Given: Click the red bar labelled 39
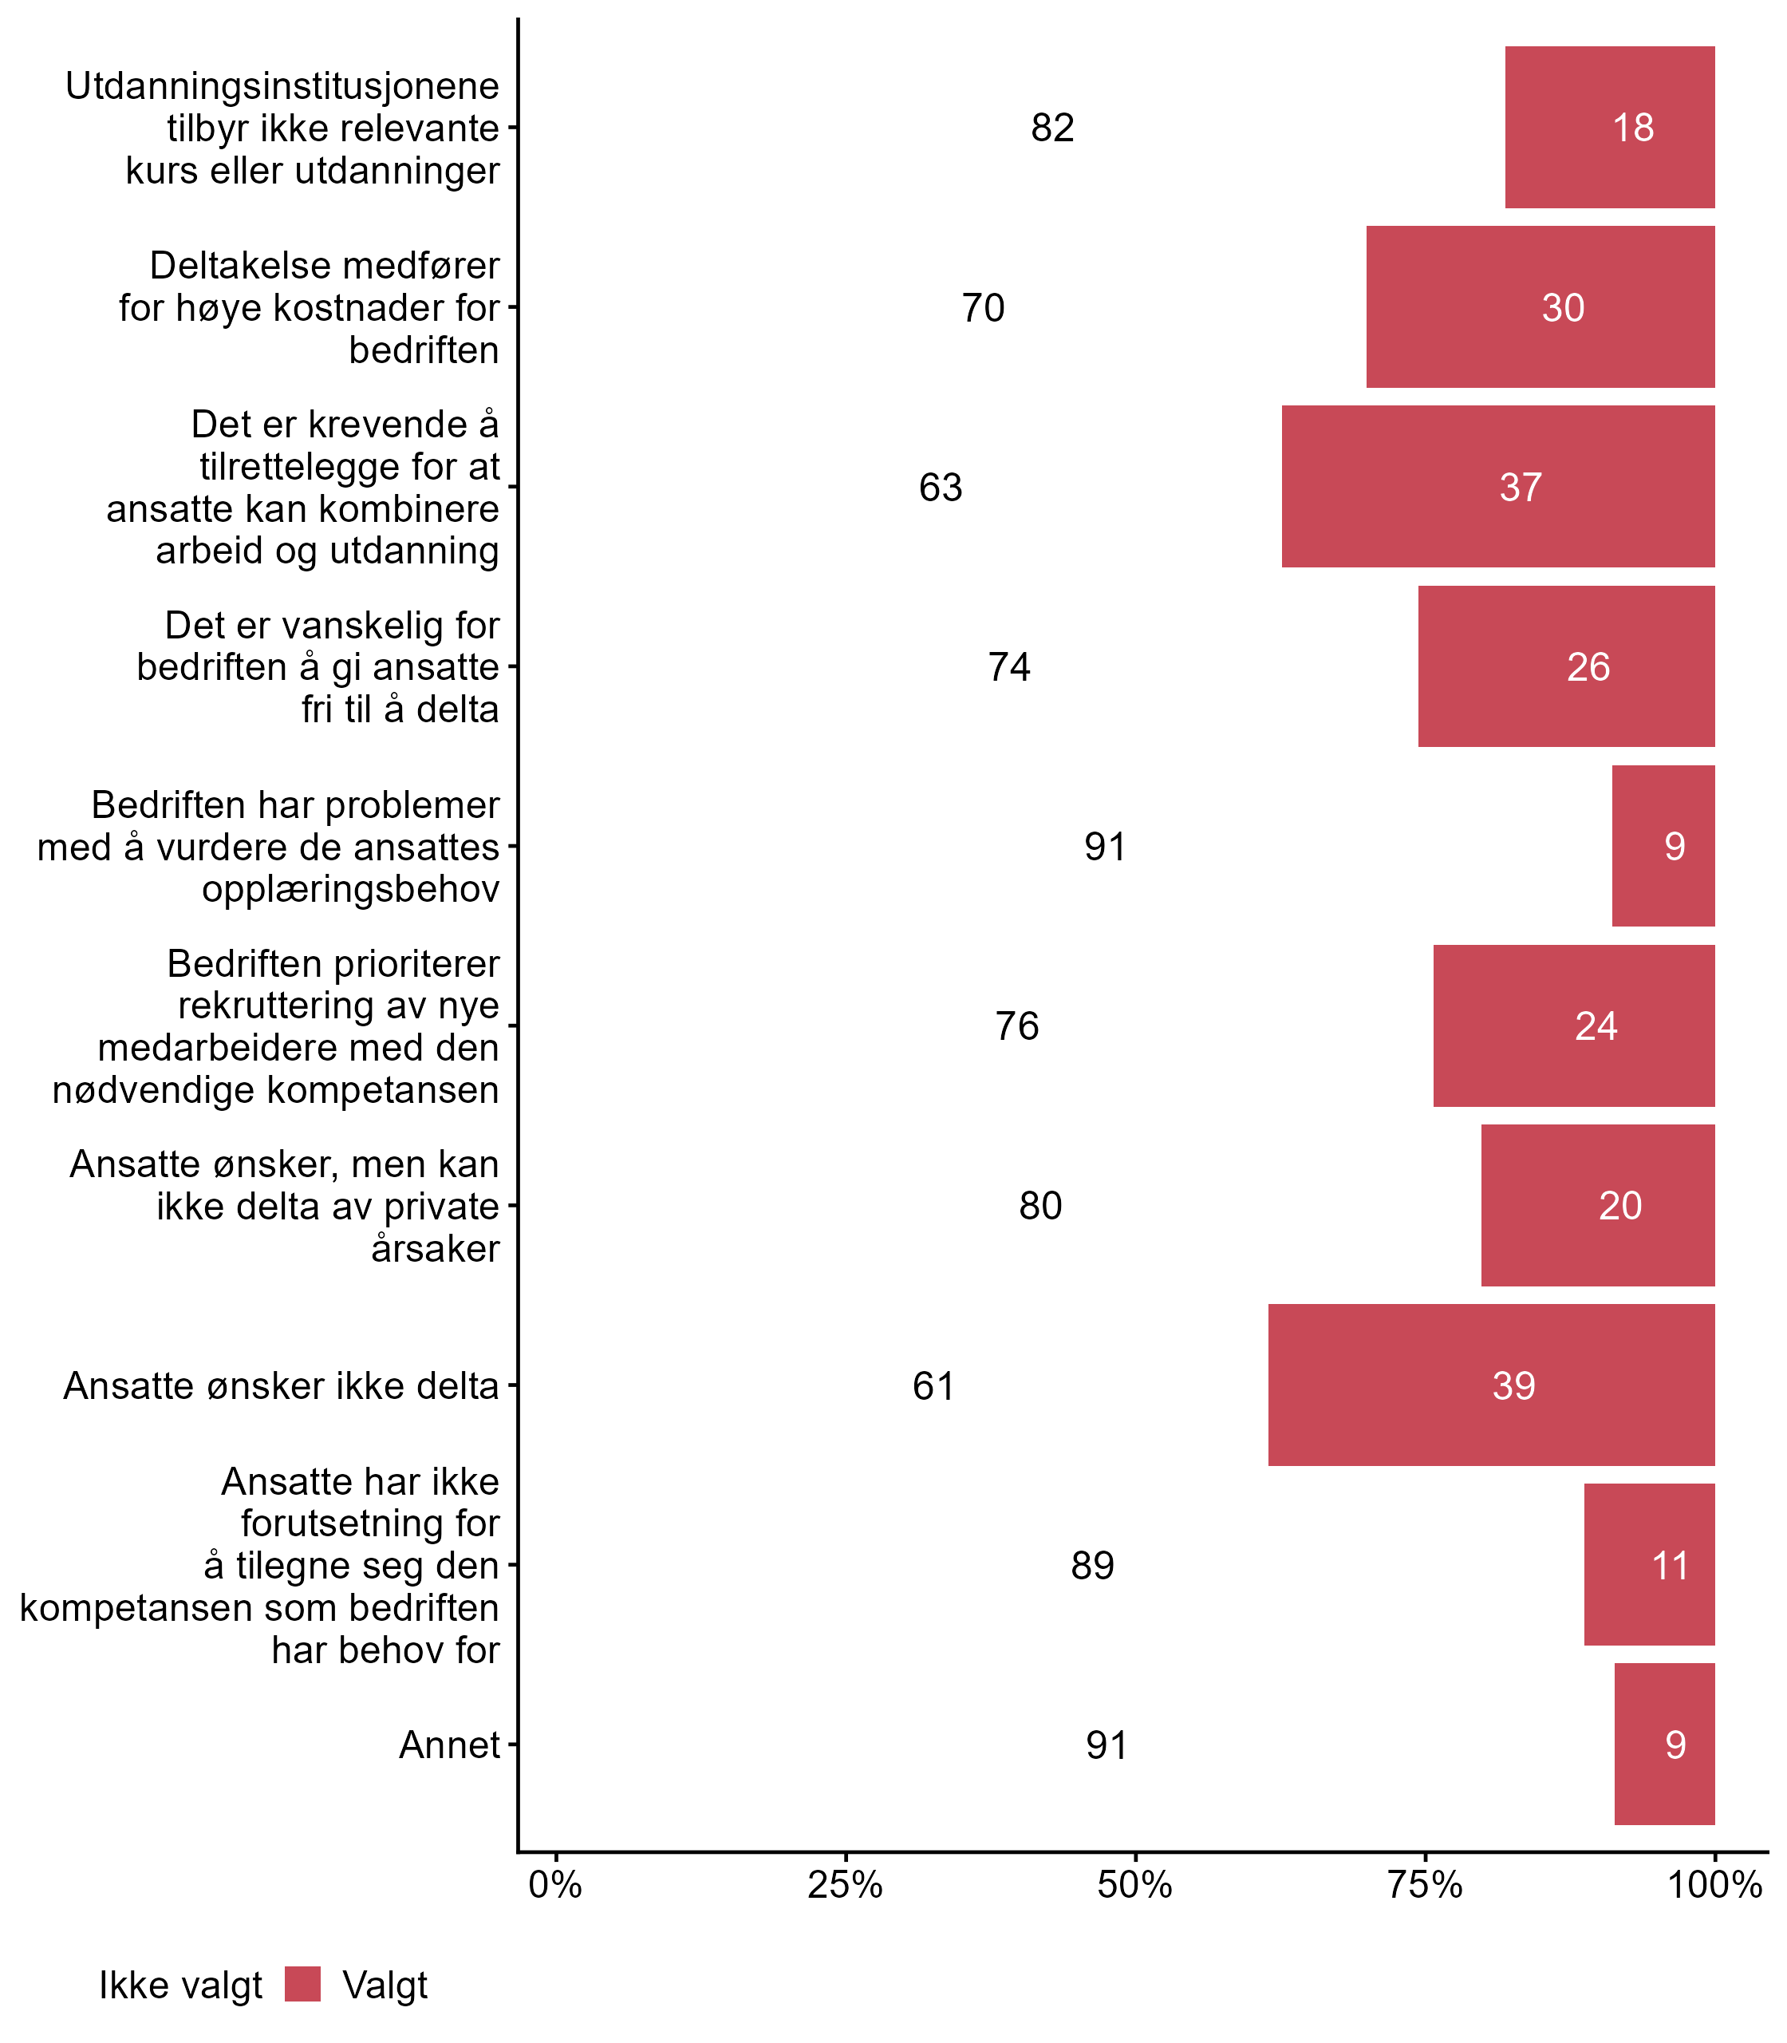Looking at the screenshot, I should point(1491,1385).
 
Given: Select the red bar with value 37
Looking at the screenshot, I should point(1498,487).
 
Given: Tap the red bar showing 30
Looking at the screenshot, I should point(1540,307).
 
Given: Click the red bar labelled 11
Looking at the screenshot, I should point(1650,1565).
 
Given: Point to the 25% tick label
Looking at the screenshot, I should point(845,1884).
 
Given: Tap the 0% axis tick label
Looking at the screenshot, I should point(555,1884).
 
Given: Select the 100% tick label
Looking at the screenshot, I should point(1715,1884).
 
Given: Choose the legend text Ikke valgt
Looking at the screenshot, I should point(180,1986).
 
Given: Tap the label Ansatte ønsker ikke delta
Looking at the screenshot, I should point(281,1385).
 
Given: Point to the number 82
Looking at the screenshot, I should point(1052,128).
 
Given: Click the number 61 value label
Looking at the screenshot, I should point(933,1385).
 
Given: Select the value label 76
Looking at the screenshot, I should point(1016,1025).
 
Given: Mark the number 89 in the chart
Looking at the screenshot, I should point(1092,1565).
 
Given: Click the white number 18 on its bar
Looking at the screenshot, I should point(1634,128).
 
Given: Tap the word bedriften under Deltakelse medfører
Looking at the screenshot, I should point(424,350).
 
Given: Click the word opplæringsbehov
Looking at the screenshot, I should point(350,889).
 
